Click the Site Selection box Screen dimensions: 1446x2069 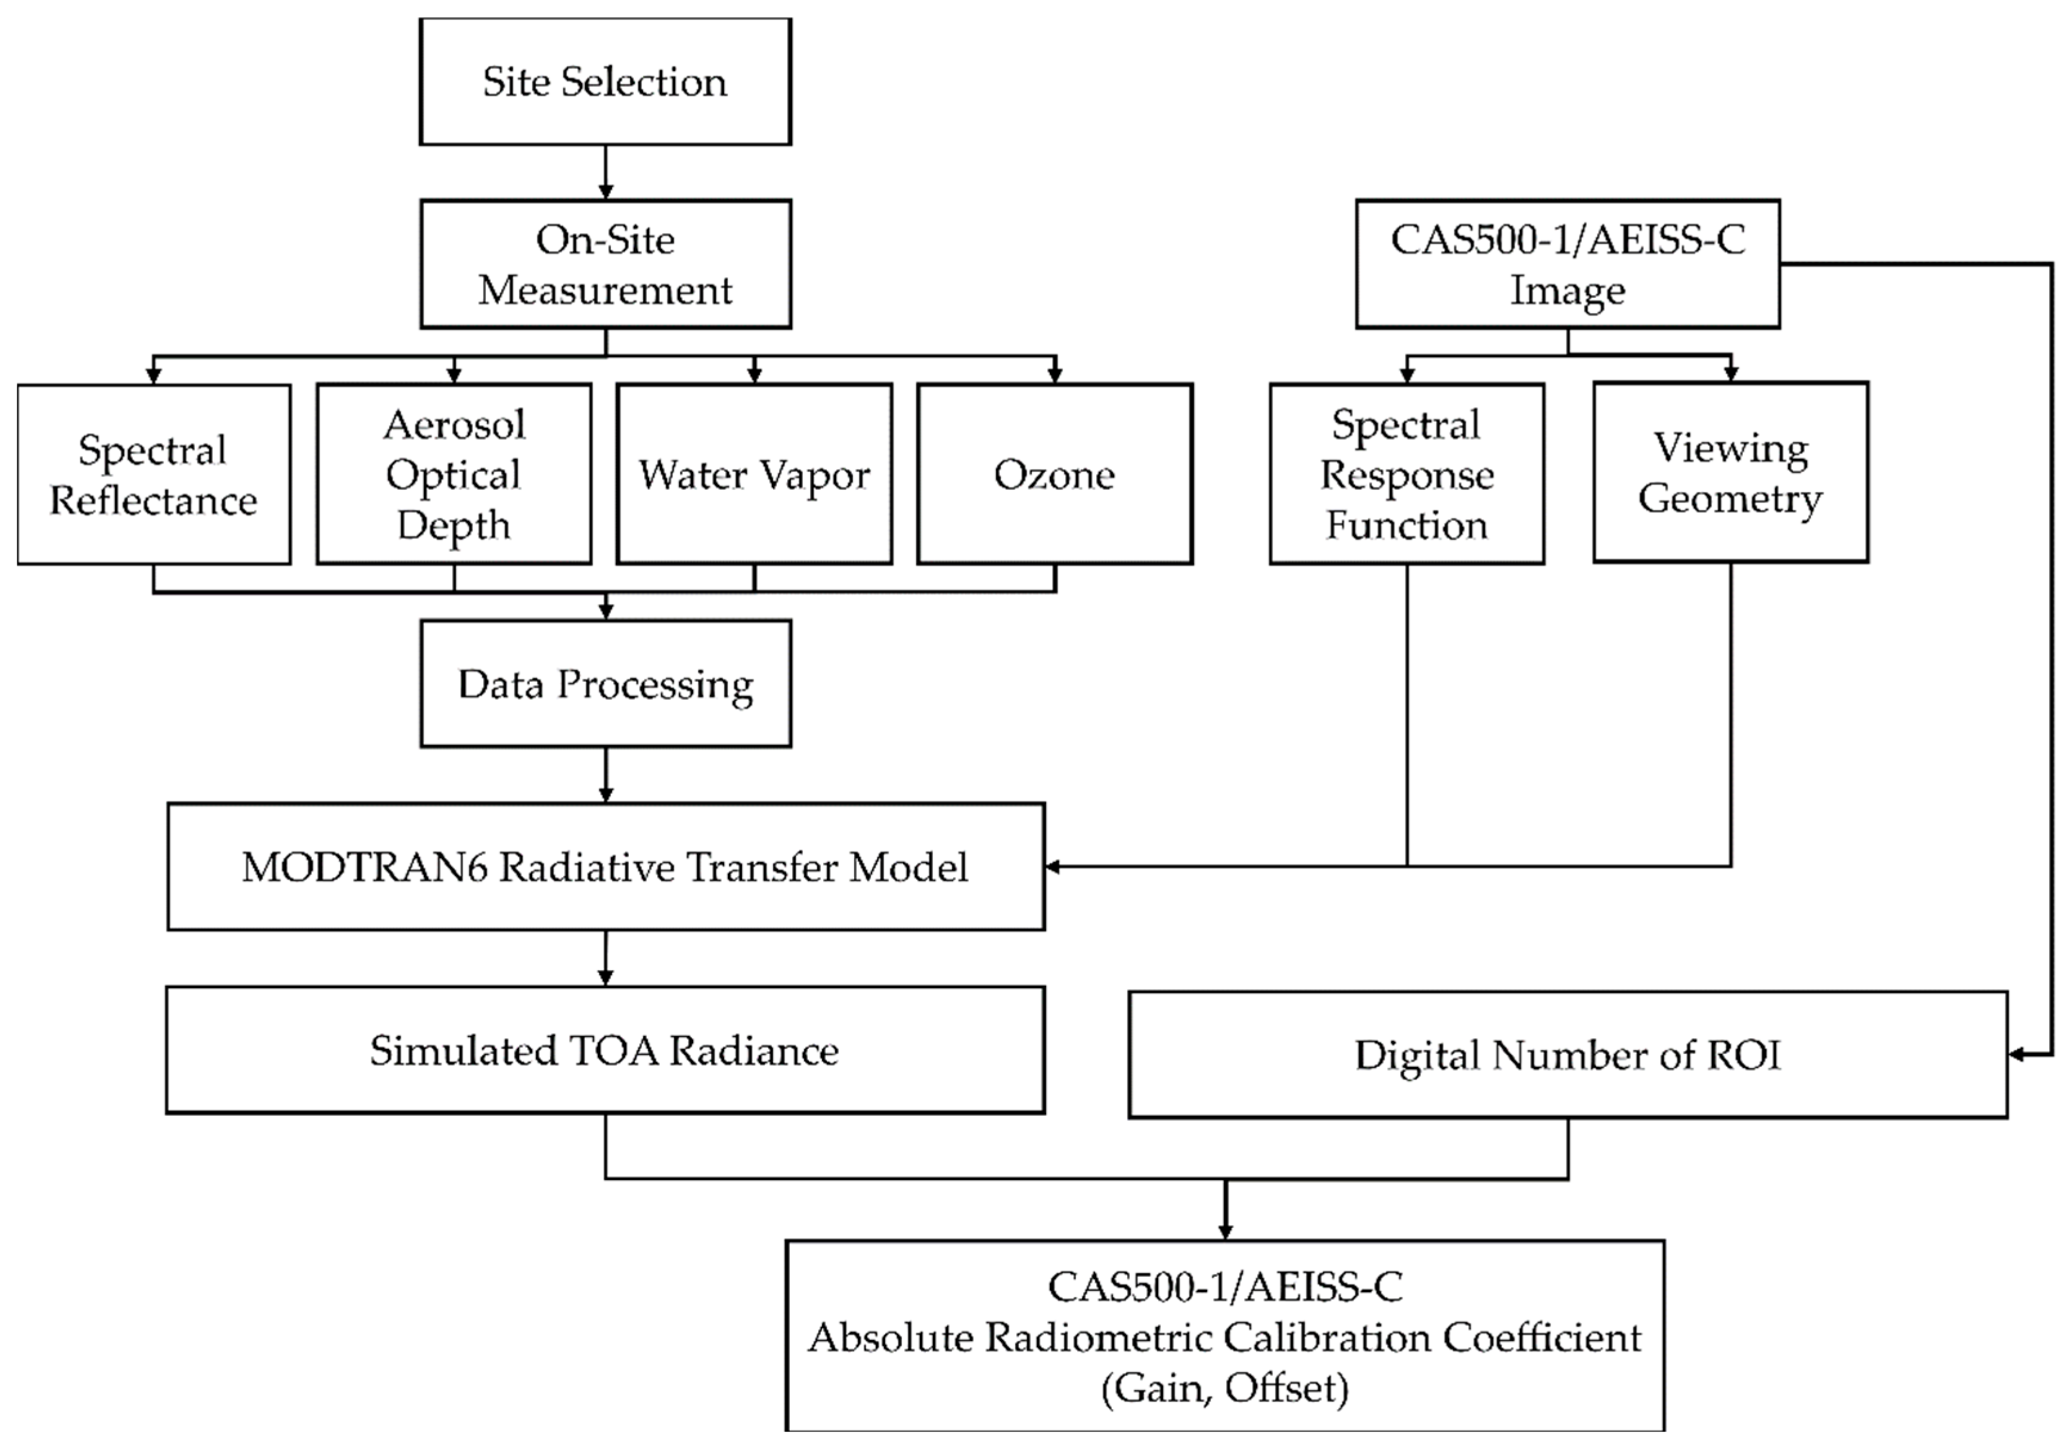point(604,81)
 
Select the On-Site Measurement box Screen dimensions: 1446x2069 point(604,264)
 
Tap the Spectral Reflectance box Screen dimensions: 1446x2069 point(153,475)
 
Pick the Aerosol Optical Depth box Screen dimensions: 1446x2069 point(453,475)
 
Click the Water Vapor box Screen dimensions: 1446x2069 point(754,475)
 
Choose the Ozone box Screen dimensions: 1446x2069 point(1054,475)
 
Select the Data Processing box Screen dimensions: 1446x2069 point(604,684)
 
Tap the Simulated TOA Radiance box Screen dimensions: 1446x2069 point(604,1050)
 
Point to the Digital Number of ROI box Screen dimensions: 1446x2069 point(1568,1055)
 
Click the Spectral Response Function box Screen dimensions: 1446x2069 point(1407,475)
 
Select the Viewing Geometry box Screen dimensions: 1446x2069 point(1730,473)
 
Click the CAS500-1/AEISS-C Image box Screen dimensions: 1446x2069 point(1568,264)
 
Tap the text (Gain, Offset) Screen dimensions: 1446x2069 point(1224,1388)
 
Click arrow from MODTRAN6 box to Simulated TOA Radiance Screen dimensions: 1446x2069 point(606,958)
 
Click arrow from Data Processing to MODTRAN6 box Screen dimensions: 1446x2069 point(606,775)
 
